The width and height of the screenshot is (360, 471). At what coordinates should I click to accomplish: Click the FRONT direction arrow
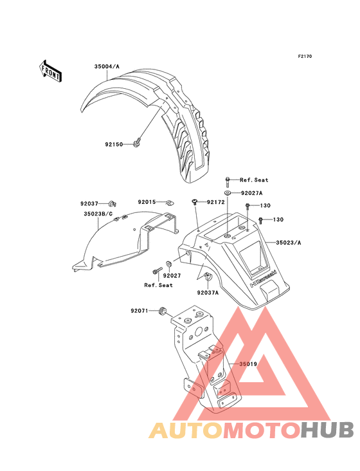(x=50, y=71)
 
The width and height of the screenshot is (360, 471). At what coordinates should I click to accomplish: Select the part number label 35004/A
(x=107, y=66)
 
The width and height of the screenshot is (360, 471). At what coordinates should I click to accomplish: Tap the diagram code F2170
(x=305, y=56)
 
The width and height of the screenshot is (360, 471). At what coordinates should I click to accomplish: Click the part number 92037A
(x=208, y=292)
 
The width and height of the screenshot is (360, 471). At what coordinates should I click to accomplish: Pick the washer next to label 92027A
(x=228, y=192)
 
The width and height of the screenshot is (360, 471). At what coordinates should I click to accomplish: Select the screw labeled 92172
(x=194, y=202)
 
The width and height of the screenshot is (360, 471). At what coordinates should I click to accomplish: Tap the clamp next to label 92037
(x=113, y=204)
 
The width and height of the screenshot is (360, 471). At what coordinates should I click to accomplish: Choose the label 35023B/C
(x=98, y=214)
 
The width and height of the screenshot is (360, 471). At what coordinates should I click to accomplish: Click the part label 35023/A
(x=288, y=243)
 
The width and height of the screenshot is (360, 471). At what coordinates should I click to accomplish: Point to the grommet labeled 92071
(x=163, y=311)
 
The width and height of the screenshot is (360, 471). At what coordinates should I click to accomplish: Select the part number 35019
(x=248, y=364)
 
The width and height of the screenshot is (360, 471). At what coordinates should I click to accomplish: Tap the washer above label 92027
(x=168, y=264)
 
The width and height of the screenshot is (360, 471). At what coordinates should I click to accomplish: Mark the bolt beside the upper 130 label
(x=248, y=206)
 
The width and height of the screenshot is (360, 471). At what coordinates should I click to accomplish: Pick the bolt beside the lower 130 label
(x=260, y=220)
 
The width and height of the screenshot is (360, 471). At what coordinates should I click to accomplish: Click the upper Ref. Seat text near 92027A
(x=254, y=180)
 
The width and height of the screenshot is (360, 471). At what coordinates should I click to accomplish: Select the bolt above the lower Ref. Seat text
(x=156, y=272)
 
